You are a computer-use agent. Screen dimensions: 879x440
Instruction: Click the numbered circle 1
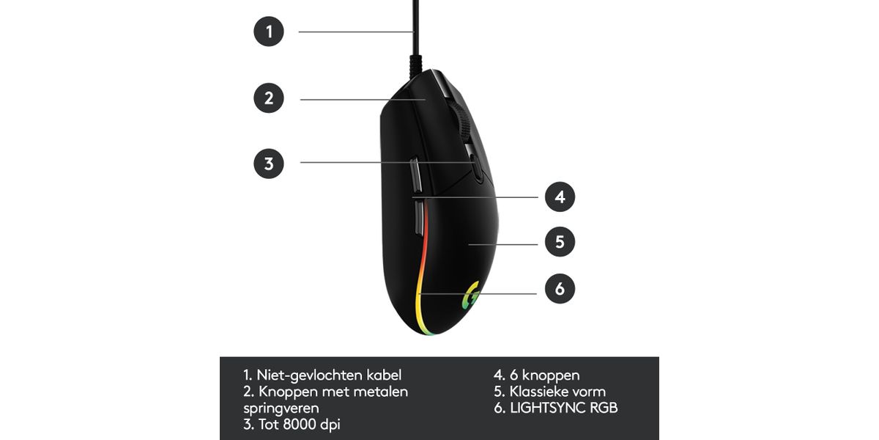(269, 32)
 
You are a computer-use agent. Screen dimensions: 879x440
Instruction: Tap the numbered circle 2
(269, 98)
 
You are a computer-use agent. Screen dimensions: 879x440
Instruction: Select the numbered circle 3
(269, 164)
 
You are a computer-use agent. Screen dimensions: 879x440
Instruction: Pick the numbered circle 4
(560, 197)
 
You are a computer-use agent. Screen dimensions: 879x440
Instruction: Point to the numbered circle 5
(560, 241)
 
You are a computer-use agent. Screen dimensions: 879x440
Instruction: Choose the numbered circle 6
(560, 289)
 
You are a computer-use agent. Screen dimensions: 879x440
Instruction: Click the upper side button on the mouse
(416, 175)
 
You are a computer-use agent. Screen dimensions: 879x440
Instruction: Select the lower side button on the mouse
(418, 218)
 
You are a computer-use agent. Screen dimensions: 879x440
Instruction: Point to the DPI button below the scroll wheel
(476, 167)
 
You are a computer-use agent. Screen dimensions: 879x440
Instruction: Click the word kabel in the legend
(384, 375)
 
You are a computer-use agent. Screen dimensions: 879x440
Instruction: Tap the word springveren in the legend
(281, 408)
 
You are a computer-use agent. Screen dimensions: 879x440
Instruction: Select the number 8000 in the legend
(300, 425)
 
